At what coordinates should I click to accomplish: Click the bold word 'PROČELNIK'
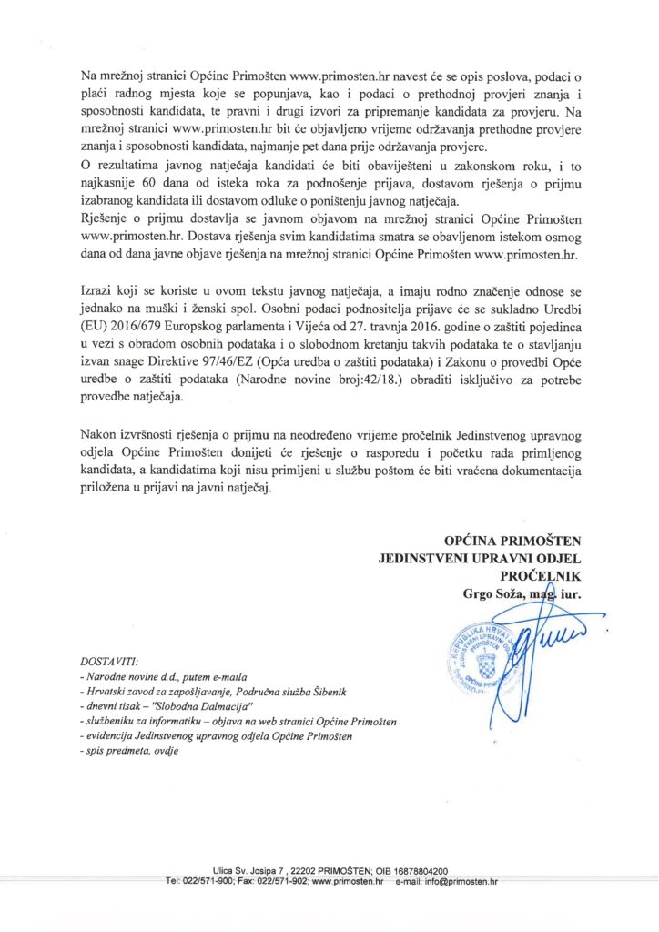coord(540,576)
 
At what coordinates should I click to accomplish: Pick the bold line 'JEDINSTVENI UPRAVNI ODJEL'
coord(480,558)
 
